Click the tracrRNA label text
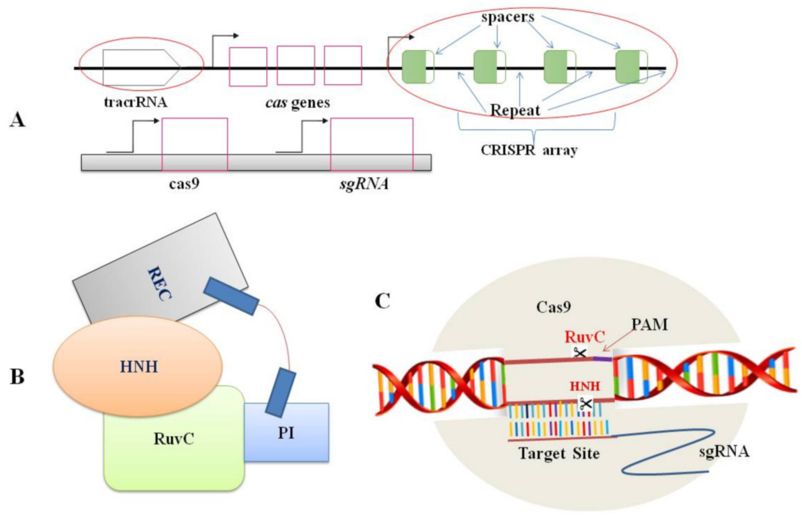(135, 101)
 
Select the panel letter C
(383, 301)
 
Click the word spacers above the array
(507, 17)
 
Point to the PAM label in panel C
(649, 325)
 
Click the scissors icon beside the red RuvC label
(580, 353)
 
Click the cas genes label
(297, 103)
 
